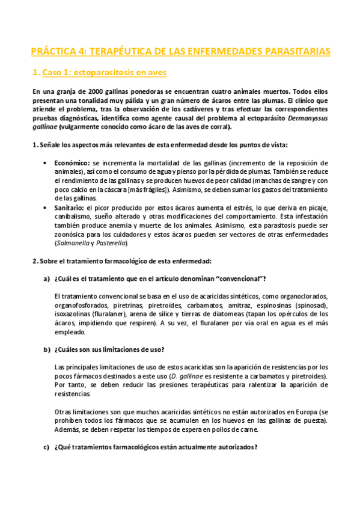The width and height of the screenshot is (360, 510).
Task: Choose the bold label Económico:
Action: [72, 163]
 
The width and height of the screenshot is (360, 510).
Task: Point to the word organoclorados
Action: [305, 296]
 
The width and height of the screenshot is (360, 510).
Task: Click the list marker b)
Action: [46, 349]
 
